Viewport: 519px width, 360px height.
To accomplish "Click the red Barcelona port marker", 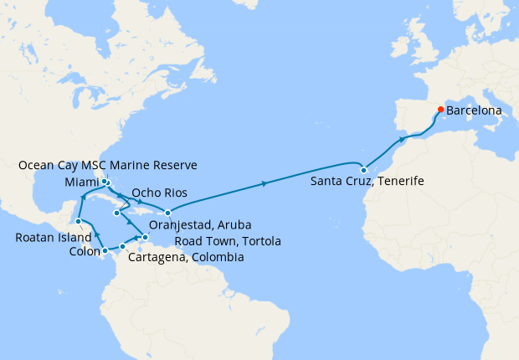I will click(x=440, y=110).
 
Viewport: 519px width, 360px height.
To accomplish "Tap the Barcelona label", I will click(x=474, y=110).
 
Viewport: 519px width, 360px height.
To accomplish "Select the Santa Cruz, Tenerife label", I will click(x=367, y=181).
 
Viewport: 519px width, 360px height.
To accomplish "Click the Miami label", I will click(x=80, y=182).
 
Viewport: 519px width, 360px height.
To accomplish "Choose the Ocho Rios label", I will click(x=159, y=193).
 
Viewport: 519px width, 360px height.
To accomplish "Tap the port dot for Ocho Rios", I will click(x=117, y=213).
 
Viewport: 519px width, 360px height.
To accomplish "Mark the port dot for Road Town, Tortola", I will click(x=167, y=212).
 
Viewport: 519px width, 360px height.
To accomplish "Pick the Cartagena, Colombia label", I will click(x=186, y=258).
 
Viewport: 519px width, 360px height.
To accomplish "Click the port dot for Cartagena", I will click(x=122, y=246).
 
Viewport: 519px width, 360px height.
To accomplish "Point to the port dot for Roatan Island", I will click(x=78, y=222).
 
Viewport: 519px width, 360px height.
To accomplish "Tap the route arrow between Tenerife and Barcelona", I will click(x=403, y=138).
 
